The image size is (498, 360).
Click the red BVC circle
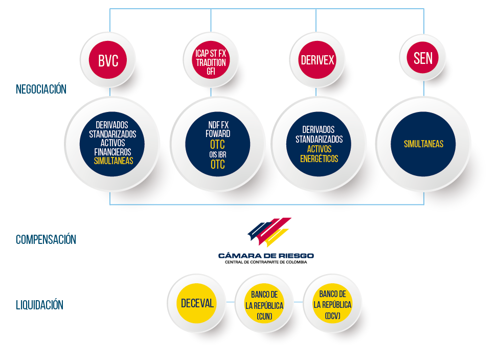click(x=108, y=60)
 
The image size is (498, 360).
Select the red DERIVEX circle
click(x=318, y=60)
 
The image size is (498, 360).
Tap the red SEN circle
click(x=423, y=57)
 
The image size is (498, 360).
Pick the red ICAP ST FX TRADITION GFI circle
click(x=211, y=60)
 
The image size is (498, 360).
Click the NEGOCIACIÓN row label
click(x=41, y=89)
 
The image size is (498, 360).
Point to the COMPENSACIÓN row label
click(x=46, y=240)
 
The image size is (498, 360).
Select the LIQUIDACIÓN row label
click(x=40, y=305)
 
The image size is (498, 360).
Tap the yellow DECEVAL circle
click(x=197, y=303)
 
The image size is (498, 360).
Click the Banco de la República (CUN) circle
click(x=264, y=303)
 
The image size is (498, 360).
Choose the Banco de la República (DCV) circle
click(x=332, y=303)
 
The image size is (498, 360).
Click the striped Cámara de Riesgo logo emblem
click(x=269, y=232)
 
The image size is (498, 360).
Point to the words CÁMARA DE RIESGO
click(x=266, y=256)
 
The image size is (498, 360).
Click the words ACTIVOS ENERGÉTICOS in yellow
click(x=319, y=154)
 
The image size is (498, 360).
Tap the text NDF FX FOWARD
click(x=218, y=129)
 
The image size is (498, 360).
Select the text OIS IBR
click(x=218, y=155)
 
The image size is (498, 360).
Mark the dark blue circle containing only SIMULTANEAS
click(x=423, y=144)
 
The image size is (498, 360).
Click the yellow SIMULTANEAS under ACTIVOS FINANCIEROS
click(x=114, y=161)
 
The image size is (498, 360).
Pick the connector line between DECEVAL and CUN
click(x=231, y=302)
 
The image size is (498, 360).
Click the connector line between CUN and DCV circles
click(x=299, y=302)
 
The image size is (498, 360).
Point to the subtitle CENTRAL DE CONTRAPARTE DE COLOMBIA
click(x=266, y=262)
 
